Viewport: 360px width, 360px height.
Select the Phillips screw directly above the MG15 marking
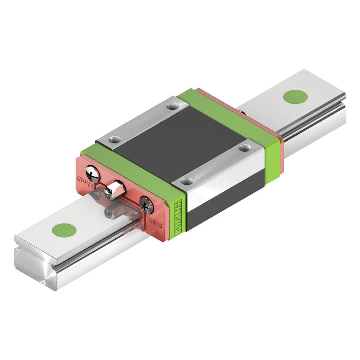click(147, 205)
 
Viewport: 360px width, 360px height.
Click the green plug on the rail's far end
click(295, 97)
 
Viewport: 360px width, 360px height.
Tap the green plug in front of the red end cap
click(64, 230)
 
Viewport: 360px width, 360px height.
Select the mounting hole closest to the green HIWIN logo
click(187, 181)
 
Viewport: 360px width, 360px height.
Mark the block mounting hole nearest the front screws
click(114, 140)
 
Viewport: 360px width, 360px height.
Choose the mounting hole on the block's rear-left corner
click(172, 105)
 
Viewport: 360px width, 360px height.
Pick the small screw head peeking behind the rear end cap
click(242, 112)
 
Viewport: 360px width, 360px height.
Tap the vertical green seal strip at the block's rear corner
click(273, 158)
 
